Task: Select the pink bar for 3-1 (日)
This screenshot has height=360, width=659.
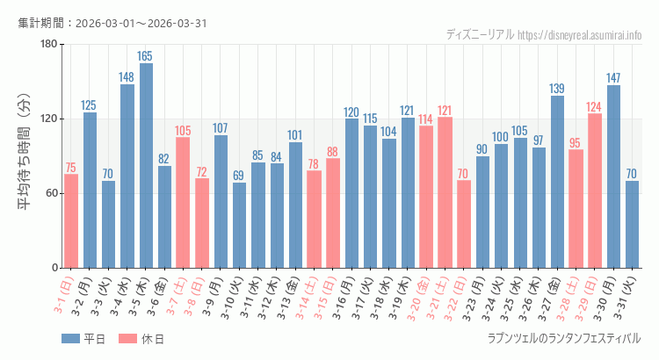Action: (71, 220)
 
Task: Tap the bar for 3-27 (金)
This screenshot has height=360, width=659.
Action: (557, 182)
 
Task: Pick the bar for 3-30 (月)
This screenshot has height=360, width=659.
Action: (613, 176)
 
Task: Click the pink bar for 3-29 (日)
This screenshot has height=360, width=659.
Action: (595, 191)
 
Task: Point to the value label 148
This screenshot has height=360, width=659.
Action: (127, 77)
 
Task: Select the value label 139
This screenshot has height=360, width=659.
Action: (557, 89)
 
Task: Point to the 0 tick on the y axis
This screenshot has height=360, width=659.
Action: (54, 268)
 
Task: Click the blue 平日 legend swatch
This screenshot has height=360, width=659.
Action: (71, 338)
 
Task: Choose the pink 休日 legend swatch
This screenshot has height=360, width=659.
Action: (127, 338)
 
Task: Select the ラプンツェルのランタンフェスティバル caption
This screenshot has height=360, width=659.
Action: (563, 338)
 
